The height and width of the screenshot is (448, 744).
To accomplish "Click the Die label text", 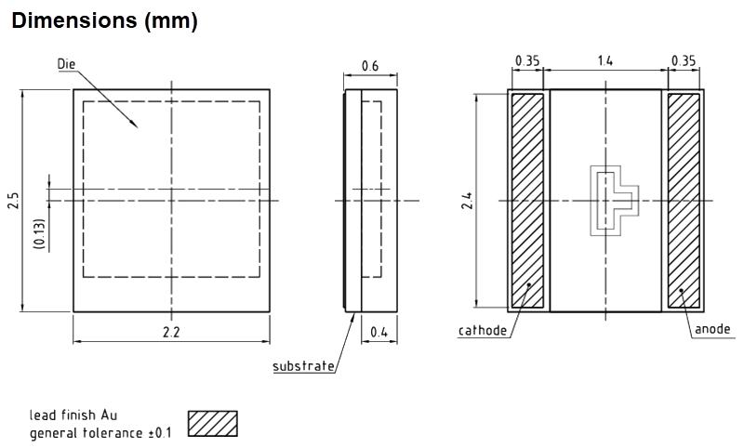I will pyautogui.click(x=66, y=63).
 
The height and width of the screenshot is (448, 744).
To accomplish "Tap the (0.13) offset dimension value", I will pyautogui.click(x=38, y=231).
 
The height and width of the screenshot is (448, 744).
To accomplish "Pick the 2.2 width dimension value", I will pyautogui.click(x=172, y=332).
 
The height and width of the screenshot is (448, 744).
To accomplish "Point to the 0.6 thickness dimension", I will pyautogui.click(x=370, y=66).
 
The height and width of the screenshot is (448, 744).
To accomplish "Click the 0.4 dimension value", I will pyautogui.click(x=379, y=332).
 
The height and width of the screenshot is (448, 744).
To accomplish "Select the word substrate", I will pyautogui.click(x=303, y=366).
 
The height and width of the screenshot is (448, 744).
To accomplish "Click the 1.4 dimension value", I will pyautogui.click(x=604, y=61).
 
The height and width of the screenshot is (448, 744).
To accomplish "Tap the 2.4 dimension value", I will pyautogui.click(x=468, y=200).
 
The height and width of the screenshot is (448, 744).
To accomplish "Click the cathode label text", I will pyautogui.click(x=483, y=330).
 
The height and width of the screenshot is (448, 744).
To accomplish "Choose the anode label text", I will pyautogui.click(x=712, y=329).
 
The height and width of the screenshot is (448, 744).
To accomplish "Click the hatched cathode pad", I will pyautogui.click(x=527, y=200).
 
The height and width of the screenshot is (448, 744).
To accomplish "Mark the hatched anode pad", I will pyautogui.click(x=684, y=200).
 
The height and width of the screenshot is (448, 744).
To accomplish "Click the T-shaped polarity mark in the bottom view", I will pyautogui.click(x=613, y=199).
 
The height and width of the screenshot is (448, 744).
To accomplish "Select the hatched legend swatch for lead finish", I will pyautogui.click(x=213, y=423).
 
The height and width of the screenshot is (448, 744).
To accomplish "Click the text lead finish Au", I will pyautogui.click(x=73, y=415).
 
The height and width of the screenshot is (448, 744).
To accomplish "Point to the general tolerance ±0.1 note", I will pyautogui.click(x=100, y=433).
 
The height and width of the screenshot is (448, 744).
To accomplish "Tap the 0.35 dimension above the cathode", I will pyautogui.click(x=527, y=61).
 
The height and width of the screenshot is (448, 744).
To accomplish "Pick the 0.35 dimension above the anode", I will pyautogui.click(x=684, y=61).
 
